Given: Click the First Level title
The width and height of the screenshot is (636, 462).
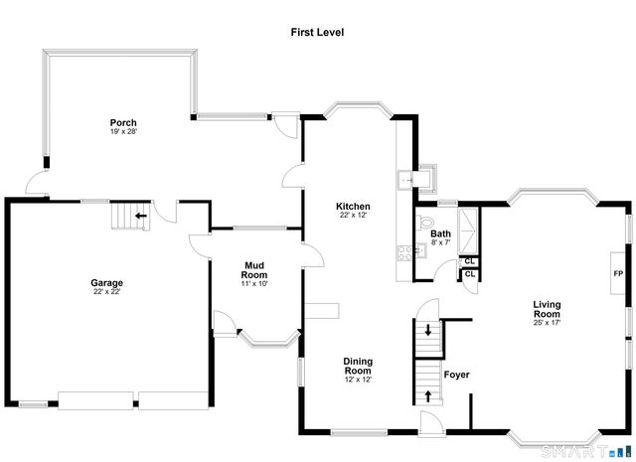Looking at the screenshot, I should [x=318, y=32].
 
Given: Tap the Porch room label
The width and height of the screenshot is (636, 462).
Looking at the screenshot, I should [x=123, y=122].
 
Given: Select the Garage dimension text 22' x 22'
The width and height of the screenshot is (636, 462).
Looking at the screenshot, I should [x=107, y=292].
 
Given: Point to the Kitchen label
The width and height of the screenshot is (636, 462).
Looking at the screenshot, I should [x=353, y=206].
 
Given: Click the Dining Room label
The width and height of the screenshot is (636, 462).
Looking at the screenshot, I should [x=358, y=366].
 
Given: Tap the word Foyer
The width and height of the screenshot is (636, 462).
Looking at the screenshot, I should [x=456, y=375].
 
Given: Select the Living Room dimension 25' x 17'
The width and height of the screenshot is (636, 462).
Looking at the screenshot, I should [x=548, y=323].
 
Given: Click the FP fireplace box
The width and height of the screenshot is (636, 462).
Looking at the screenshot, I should [x=617, y=274].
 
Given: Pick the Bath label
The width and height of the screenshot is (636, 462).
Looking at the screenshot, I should [x=440, y=233].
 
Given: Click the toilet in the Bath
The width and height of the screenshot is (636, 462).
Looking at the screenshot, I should [x=425, y=222].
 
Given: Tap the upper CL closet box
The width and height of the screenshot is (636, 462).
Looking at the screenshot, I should [x=469, y=261].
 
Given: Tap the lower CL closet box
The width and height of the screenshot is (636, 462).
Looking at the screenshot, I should [x=469, y=275].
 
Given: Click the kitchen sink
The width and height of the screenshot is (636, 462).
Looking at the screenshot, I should [x=405, y=180].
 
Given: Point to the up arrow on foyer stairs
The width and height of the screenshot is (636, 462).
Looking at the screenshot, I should [x=428, y=395].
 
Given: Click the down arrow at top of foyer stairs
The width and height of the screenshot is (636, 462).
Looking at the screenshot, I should [x=428, y=330].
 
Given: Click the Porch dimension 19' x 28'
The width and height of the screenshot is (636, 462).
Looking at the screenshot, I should [x=123, y=132].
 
